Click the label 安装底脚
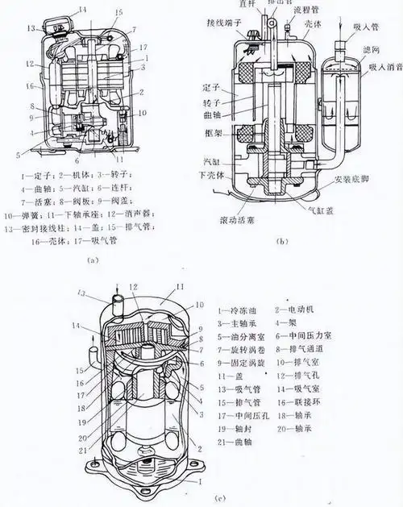(355, 190)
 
